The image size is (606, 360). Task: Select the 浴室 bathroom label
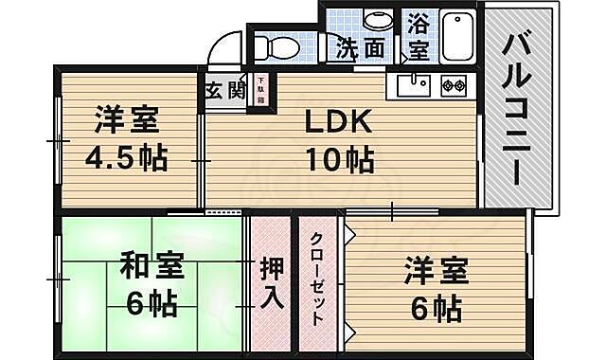click(417, 37)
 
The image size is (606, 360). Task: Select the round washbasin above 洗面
click(377, 20)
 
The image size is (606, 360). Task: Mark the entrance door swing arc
click(224, 47)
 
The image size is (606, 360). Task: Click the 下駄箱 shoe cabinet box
click(258, 92)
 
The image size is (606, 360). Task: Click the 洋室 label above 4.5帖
click(126, 121)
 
